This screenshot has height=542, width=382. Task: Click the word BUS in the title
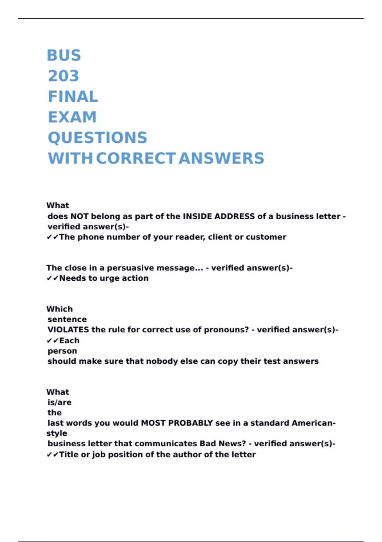coord(64,55)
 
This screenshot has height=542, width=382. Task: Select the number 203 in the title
coord(63,76)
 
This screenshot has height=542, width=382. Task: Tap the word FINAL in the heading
coord(73,97)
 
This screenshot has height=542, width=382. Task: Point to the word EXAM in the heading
coord(72,117)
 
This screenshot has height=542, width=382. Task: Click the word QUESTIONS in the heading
coord(97,138)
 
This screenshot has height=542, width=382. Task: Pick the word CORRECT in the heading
coord(136,158)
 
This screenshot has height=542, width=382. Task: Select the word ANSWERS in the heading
coord(221,158)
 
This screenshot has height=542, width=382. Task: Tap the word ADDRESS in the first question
coord(235,216)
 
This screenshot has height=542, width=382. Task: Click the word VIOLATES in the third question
coord(68,330)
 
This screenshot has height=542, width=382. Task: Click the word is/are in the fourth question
coord(60,402)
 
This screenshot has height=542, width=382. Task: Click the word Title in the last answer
coord(69,455)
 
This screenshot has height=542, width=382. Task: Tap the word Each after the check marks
coord(69,341)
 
